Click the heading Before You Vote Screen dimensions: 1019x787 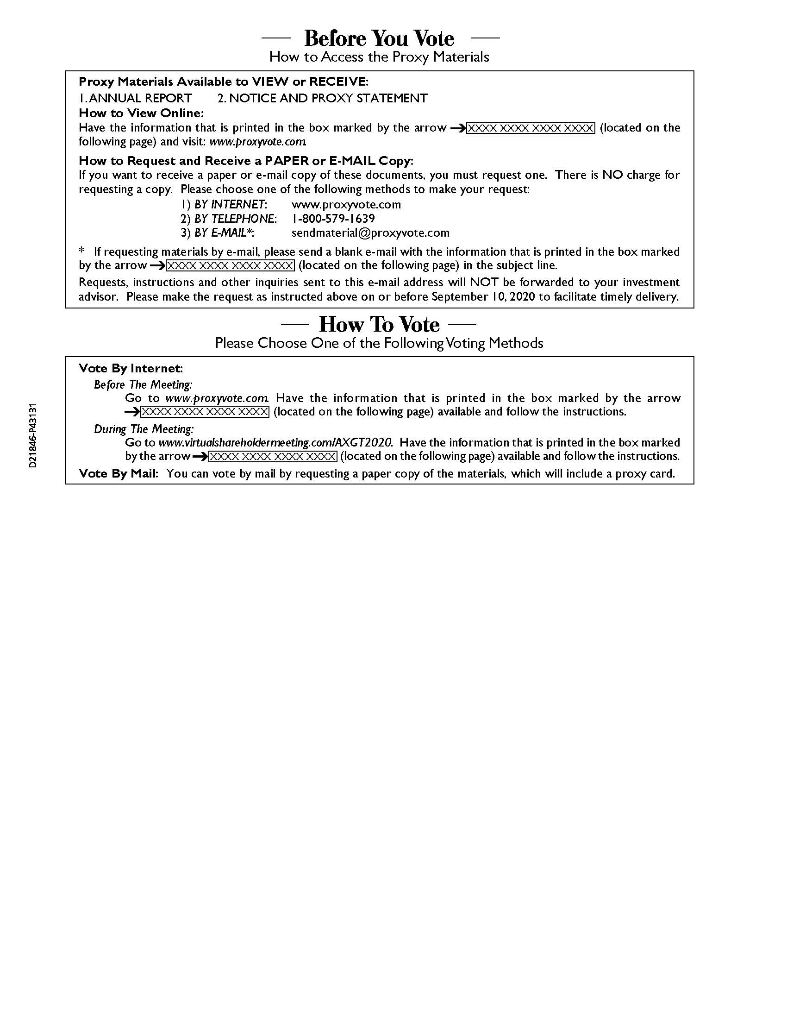(379, 38)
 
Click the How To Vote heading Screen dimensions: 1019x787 (379, 324)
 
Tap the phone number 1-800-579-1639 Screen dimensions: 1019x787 (333, 218)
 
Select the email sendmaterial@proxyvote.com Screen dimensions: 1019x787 (370, 233)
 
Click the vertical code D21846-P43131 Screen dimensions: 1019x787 (33, 436)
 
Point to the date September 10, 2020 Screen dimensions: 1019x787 (483, 297)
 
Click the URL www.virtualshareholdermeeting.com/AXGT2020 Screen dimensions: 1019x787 (275, 442)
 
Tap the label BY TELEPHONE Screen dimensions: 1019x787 (235, 218)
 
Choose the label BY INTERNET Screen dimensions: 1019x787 (229, 204)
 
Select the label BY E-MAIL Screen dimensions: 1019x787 (223, 233)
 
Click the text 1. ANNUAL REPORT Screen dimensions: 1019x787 (135, 98)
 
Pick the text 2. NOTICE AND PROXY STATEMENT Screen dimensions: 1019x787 (322, 98)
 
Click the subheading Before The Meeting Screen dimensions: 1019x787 (143, 384)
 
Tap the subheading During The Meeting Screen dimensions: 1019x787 (144, 429)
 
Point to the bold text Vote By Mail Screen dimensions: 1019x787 (118, 473)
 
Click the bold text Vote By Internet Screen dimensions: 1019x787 (130, 368)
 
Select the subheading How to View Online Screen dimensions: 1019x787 (141, 113)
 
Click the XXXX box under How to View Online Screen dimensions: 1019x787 (531, 128)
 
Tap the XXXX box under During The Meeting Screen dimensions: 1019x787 (272, 456)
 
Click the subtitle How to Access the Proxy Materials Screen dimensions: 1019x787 (379, 57)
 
